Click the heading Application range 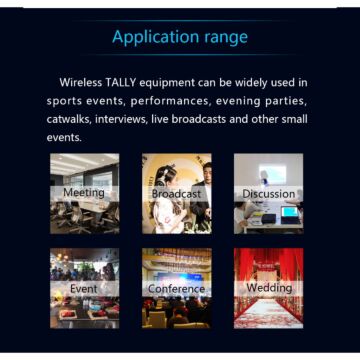coord(180,37)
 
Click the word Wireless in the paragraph coord(83,82)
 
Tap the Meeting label coord(83,193)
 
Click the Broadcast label coord(176,193)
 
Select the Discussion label coord(268,193)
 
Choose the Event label coord(83,289)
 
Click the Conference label coord(176,289)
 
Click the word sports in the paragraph coord(64,101)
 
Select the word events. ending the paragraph coord(65,137)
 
